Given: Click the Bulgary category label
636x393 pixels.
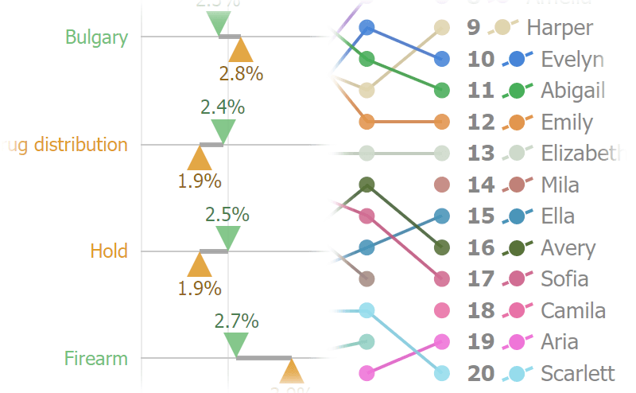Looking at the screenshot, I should coord(96,37).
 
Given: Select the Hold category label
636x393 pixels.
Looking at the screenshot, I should coord(109,251).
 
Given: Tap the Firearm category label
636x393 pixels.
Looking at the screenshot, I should coord(96,359).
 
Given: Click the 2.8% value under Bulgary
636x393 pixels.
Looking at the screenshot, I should coord(241,73).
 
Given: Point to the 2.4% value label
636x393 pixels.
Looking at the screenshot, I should coord(223,107).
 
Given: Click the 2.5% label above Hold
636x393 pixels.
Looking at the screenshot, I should coord(227,214).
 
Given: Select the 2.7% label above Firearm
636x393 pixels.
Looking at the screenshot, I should coord(236,321).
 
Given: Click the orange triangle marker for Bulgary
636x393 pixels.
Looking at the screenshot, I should coord(241,51).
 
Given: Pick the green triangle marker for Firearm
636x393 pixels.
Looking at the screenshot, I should coord(236,344).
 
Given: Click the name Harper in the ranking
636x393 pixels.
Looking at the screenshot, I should coord(560,28).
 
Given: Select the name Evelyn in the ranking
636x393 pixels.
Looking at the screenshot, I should coord(572,60).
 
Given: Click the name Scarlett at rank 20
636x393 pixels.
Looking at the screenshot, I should coord(577,373).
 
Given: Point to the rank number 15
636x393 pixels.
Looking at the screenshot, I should coord(481,216).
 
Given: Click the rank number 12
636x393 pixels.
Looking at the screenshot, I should coord(481,123).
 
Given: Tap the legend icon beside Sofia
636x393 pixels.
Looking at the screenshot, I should coord(518,279).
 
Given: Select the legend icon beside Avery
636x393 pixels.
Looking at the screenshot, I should coord(518,247).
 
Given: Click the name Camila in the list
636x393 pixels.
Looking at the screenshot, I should coord(573,310).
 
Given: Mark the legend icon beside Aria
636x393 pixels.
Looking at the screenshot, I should coord(518,342).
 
